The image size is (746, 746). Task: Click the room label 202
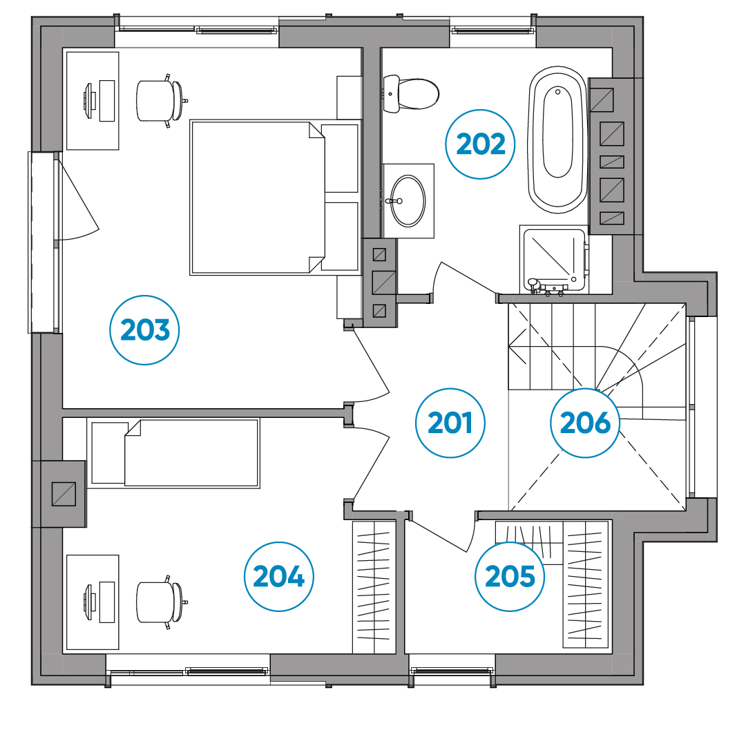tap(481, 144)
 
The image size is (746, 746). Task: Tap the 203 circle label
tap(144, 330)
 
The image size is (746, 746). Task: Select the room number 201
tap(450, 423)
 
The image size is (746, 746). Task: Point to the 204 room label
tap(279, 577)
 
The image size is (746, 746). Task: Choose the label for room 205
tap(510, 577)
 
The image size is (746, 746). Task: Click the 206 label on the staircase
tap(585, 423)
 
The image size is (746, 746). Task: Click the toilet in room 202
tap(410, 94)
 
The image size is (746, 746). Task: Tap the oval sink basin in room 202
tap(408, 201)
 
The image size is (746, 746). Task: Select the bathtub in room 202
tap(557, 140)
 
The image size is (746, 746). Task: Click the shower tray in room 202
tap(554, 260)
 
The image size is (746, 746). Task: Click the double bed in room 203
tap(275, 198)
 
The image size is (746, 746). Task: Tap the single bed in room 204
tap(173, 453)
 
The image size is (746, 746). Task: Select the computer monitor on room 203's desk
tap(89, 101)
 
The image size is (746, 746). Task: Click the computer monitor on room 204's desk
tap(89, 602)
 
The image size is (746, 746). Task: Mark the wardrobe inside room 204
tap(374, 587)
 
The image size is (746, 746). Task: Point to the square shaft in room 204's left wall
tap(64, 494)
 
